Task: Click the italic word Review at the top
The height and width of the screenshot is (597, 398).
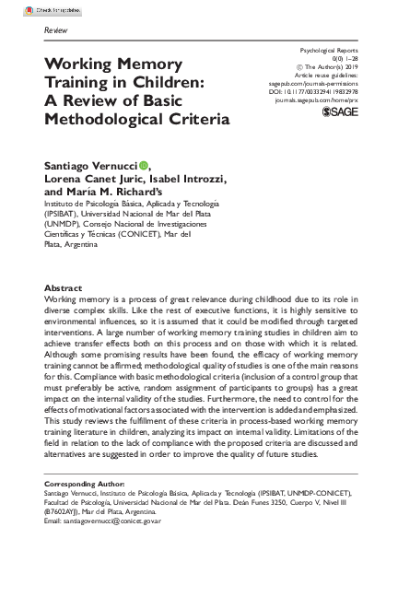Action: click(x=56, y=30)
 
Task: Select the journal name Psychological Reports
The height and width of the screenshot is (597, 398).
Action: click(x=328, y=48)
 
